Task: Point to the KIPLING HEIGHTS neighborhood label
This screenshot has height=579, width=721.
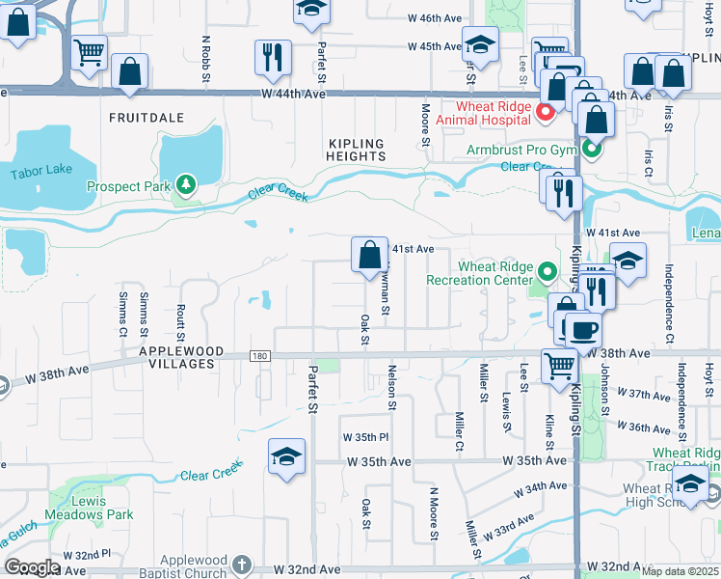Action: pyautogui.click(x=356, y=149)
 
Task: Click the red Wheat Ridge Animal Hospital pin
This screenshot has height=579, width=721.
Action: pyautogui.click(x=545, y=113)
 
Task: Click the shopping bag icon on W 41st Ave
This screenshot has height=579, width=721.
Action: pyautogui.click(x=369, y=256)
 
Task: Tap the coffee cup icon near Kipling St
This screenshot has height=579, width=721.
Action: pyautogui.click(x=582, y=330)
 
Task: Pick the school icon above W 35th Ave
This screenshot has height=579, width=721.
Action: pyautogui.click(x=287, y=457)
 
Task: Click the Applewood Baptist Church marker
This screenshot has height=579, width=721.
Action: pyautogui.click(x=241, y=564)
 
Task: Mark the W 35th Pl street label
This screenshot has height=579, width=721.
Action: pyautogui.click(x=365, y=437)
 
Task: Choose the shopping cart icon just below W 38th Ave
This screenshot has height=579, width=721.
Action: pyautogui.click(x=559, y=366)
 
